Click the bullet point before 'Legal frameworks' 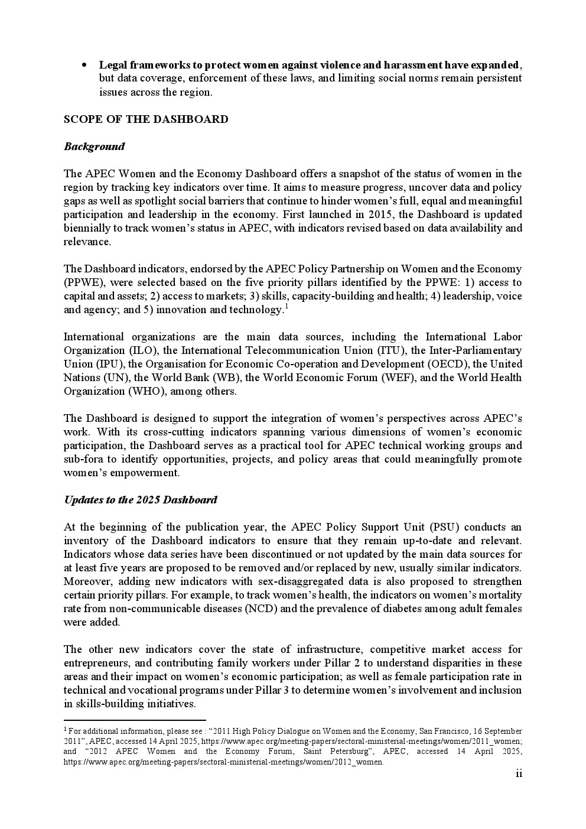click(x=85, y=64)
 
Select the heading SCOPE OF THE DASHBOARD click(x=146, y=119)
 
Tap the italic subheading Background click(x=95, y=147)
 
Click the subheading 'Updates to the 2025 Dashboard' click(x=141, y=500)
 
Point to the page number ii click(x=519, y=774)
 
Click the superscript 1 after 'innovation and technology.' click(x=287, y=307)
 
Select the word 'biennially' click(x=87, y=228)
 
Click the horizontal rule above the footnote click(x=135, y=720)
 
